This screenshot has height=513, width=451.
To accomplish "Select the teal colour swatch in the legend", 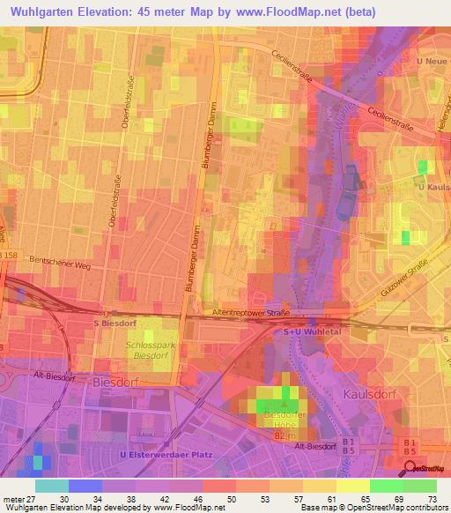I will click(51, 486).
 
